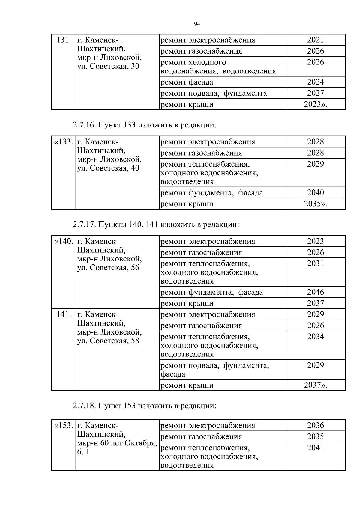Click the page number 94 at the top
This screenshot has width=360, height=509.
tap(197, 24)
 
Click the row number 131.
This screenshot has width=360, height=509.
tap(64, 40)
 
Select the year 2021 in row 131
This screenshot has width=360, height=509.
tap(315, 40)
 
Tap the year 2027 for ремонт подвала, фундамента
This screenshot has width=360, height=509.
tap(315, 93)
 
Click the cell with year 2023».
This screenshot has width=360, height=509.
tap(315, 104)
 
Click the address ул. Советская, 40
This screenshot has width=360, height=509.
tap(108, 168)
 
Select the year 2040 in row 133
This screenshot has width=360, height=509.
tap(315, 192)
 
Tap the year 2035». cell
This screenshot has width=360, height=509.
tap(315, 204)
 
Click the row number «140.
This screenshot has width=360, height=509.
tap(63, 241)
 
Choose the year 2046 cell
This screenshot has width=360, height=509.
tap(315, 292)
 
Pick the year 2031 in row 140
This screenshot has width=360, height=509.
tap(315, 263)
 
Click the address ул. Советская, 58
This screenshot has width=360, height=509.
tap(108, 341)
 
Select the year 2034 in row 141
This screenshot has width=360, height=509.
tap(315, 337)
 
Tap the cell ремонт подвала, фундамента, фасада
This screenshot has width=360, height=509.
tap(215, 370)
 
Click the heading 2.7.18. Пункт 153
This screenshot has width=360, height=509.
tap(144, 406)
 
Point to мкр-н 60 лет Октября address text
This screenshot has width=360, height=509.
tap(117, 443)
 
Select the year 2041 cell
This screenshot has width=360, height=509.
tap(315, 448)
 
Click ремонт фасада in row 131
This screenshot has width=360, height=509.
tap(187, 82)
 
